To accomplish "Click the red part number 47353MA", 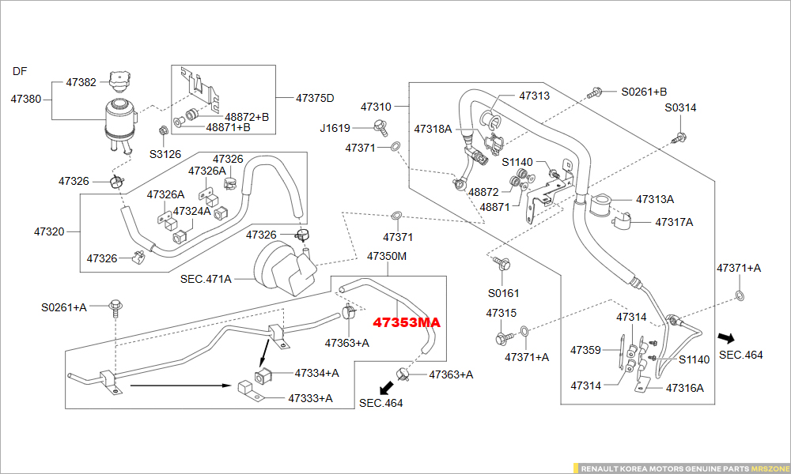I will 407,323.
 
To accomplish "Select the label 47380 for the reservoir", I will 26,100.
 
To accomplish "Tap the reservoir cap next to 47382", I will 120,80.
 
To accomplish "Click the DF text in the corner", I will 20,71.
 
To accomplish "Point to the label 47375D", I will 315,99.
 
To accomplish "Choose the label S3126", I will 165,154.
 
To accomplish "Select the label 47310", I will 376,107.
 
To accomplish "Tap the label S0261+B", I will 643,92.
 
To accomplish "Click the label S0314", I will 680,107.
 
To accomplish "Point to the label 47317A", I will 674,222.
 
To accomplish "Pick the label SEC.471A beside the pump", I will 206,279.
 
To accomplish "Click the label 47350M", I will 387,257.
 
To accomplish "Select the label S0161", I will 503,293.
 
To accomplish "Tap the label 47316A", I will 684,388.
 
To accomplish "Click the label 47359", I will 585,350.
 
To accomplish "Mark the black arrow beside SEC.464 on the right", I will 725,337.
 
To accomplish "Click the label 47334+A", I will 316,373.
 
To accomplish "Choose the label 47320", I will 49,232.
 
